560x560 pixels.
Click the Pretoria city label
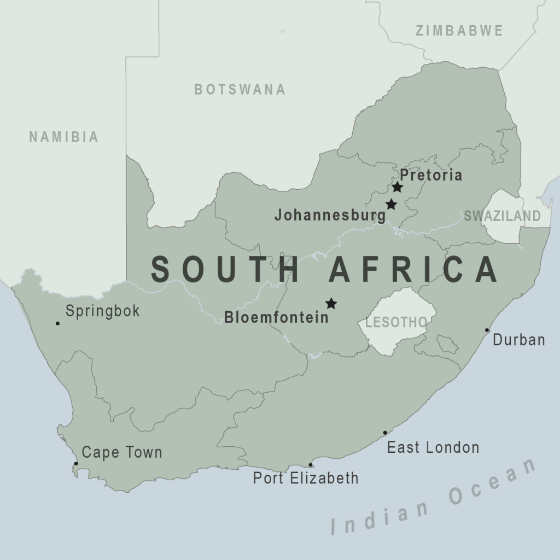(x=431, y=175)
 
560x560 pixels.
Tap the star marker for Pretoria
(x=398, y=187)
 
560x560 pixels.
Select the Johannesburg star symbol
(x=391, y=205)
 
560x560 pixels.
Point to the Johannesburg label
(x=330, y=215)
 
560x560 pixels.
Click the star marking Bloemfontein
(x=331, y=303)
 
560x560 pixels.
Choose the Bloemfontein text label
(x=277, y=317)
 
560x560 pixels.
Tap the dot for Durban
(x=487, y=330)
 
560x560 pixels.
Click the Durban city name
(x=519, y=340)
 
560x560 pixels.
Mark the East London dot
(x=385, y=433)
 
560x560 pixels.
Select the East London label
(x=433, y=447)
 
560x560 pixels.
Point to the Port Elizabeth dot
(x=311, y=465)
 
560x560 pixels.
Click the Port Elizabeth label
(x=306, y=478)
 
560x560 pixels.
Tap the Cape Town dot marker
(x=76, y=463)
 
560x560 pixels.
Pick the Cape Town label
(x=122, y=452)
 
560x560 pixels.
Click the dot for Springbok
(x=57, y=323)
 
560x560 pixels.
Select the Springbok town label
(x=103, y=311)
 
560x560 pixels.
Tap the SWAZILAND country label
(x=502, y=216)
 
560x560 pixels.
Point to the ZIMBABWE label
(x=459, y=31)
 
